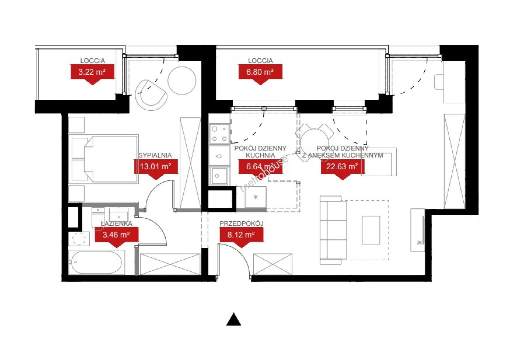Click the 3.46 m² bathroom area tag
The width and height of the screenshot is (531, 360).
click(116, 237)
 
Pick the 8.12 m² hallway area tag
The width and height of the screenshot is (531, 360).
click(241, 237)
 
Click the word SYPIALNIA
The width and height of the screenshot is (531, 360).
click(155, 155)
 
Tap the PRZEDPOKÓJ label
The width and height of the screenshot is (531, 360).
click(241, 223)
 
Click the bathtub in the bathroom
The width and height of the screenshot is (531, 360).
click(97, 262)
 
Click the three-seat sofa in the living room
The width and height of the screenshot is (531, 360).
click(333, 230)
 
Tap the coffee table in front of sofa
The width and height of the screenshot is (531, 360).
click(371, 230)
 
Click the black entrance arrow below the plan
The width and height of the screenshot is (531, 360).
click(234, 319)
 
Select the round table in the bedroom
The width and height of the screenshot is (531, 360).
click(182, 81)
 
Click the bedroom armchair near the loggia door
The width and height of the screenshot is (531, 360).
click(151, 95)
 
